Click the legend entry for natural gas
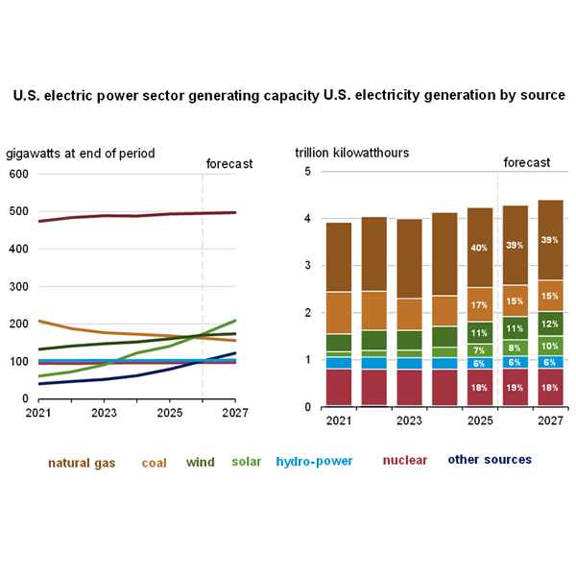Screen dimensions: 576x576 point(82,462)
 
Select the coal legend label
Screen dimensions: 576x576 point(154,462)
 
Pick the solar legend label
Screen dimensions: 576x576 point(247,462)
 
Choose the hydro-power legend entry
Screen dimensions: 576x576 point(314,461)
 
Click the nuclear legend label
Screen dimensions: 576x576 point(405,461)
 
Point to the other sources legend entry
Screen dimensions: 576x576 point(490,460)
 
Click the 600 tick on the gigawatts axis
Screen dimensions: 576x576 point(18,174)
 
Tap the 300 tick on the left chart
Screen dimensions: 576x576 point(18,286)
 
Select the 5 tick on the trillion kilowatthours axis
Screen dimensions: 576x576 point(307,172)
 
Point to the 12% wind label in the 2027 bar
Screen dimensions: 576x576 point(551,324)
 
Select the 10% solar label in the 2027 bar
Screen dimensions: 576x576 point(551,346)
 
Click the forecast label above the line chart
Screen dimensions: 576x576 point(229,163)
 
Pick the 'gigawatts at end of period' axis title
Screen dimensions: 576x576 point(81,154)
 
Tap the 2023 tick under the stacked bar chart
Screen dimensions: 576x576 point(409,420)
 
